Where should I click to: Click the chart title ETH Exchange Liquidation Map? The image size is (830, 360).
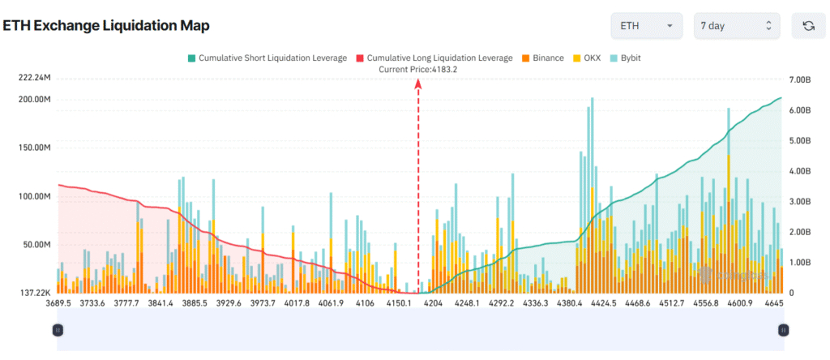[106, 26]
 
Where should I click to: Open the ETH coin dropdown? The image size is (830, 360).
[646, 26]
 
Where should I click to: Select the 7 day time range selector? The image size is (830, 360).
[736, 26]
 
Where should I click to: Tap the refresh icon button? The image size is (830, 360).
[808, 26]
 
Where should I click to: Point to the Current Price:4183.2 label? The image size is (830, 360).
[417, 70]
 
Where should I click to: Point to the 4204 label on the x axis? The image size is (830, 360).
[434, 303]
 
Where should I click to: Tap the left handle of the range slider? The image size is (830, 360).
[58, 330]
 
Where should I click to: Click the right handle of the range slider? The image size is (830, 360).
[783, 330]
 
